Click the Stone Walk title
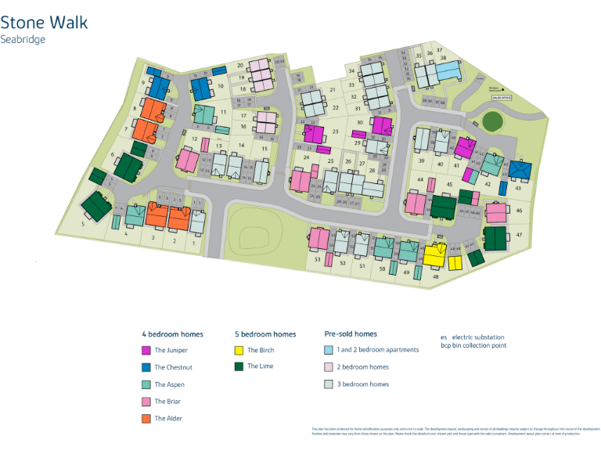click(x=44, y=22)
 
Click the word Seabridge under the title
click(x=23, y=39)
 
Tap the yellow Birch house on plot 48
click(x=435, y=255)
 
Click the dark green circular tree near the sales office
click(x=491, y=121)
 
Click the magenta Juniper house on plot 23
click(x=314, y=134)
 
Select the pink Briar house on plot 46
click(x=496, y=212)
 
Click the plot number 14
click(x=242, y=146)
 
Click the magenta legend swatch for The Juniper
click(x=146, y=351)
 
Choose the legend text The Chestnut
click(x=173, y=367)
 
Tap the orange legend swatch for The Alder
click(x=146, y=418)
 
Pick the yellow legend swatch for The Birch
click(x=239, y=350)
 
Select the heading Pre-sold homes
click(x=351, y=334)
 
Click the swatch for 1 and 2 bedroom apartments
click(x=329, y=350)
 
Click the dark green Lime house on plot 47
click(x=495, y=237)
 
